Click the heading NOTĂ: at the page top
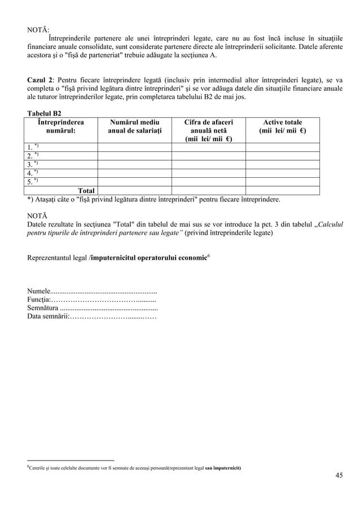(38, 28)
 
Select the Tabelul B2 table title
(45, 113)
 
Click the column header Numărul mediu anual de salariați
(134, 126)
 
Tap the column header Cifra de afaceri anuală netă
(208, 130)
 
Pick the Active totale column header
(282, 126)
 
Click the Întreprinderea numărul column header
(60, 126)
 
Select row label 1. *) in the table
(33, 148)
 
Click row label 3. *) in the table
(33, 165)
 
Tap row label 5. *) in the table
(33, 182)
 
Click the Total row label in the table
(86, 191)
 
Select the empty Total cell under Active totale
(282, 191)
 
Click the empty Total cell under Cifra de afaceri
(208, 191)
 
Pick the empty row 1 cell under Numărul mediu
(134, 148)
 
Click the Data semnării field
(113, 317)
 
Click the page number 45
(339, 475)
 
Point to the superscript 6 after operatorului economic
(209, 256)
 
